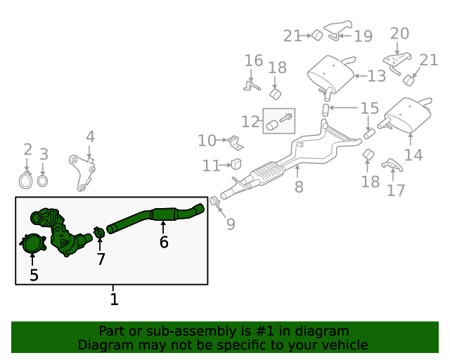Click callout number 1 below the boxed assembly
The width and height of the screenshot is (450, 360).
click(x=114, y=300)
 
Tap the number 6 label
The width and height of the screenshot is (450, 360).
click(x=164, y=243)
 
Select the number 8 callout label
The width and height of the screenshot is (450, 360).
click(x=299, y=187)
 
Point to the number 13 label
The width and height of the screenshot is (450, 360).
click(x=376, y=75)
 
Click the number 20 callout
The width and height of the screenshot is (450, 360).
click(x=399, y=33)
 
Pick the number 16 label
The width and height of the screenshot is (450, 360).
click(x=253, y=61)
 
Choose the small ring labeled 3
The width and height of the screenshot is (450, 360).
click(x=43, y=181)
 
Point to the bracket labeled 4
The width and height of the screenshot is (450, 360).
click(x=83, y=173)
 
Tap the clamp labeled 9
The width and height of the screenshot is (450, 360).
click(x=215, y=205)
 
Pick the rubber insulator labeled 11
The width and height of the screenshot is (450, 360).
click(x=236, y=165)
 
